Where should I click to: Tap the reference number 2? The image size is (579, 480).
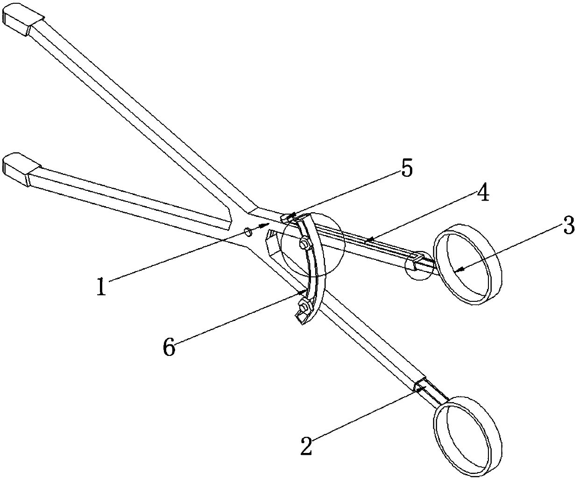pos(306,446)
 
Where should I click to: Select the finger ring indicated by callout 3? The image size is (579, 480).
pos(468,264)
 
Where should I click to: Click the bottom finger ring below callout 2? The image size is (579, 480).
pos(468,433)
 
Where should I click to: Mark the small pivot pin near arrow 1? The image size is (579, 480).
pos(249,231)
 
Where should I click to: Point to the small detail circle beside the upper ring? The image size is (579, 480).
pos(418,265)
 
